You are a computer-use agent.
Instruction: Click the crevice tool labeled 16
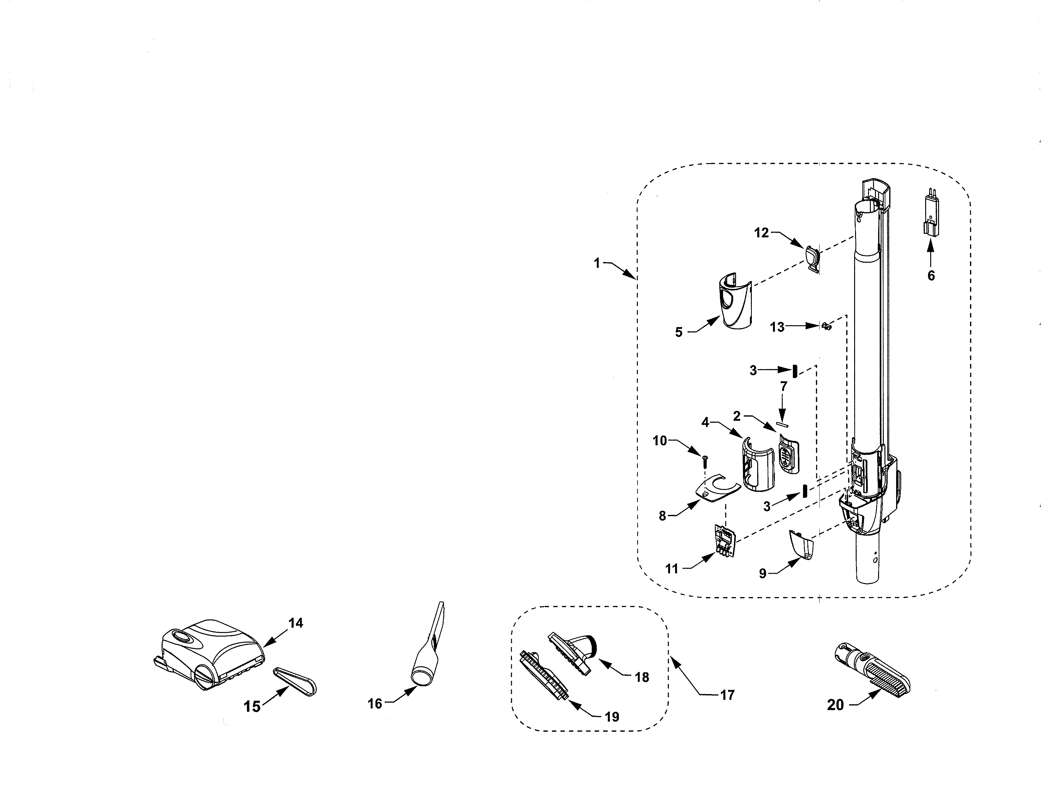[429, 650]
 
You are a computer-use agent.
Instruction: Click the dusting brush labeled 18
[572, 652]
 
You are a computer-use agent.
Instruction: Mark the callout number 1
[597, 263]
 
